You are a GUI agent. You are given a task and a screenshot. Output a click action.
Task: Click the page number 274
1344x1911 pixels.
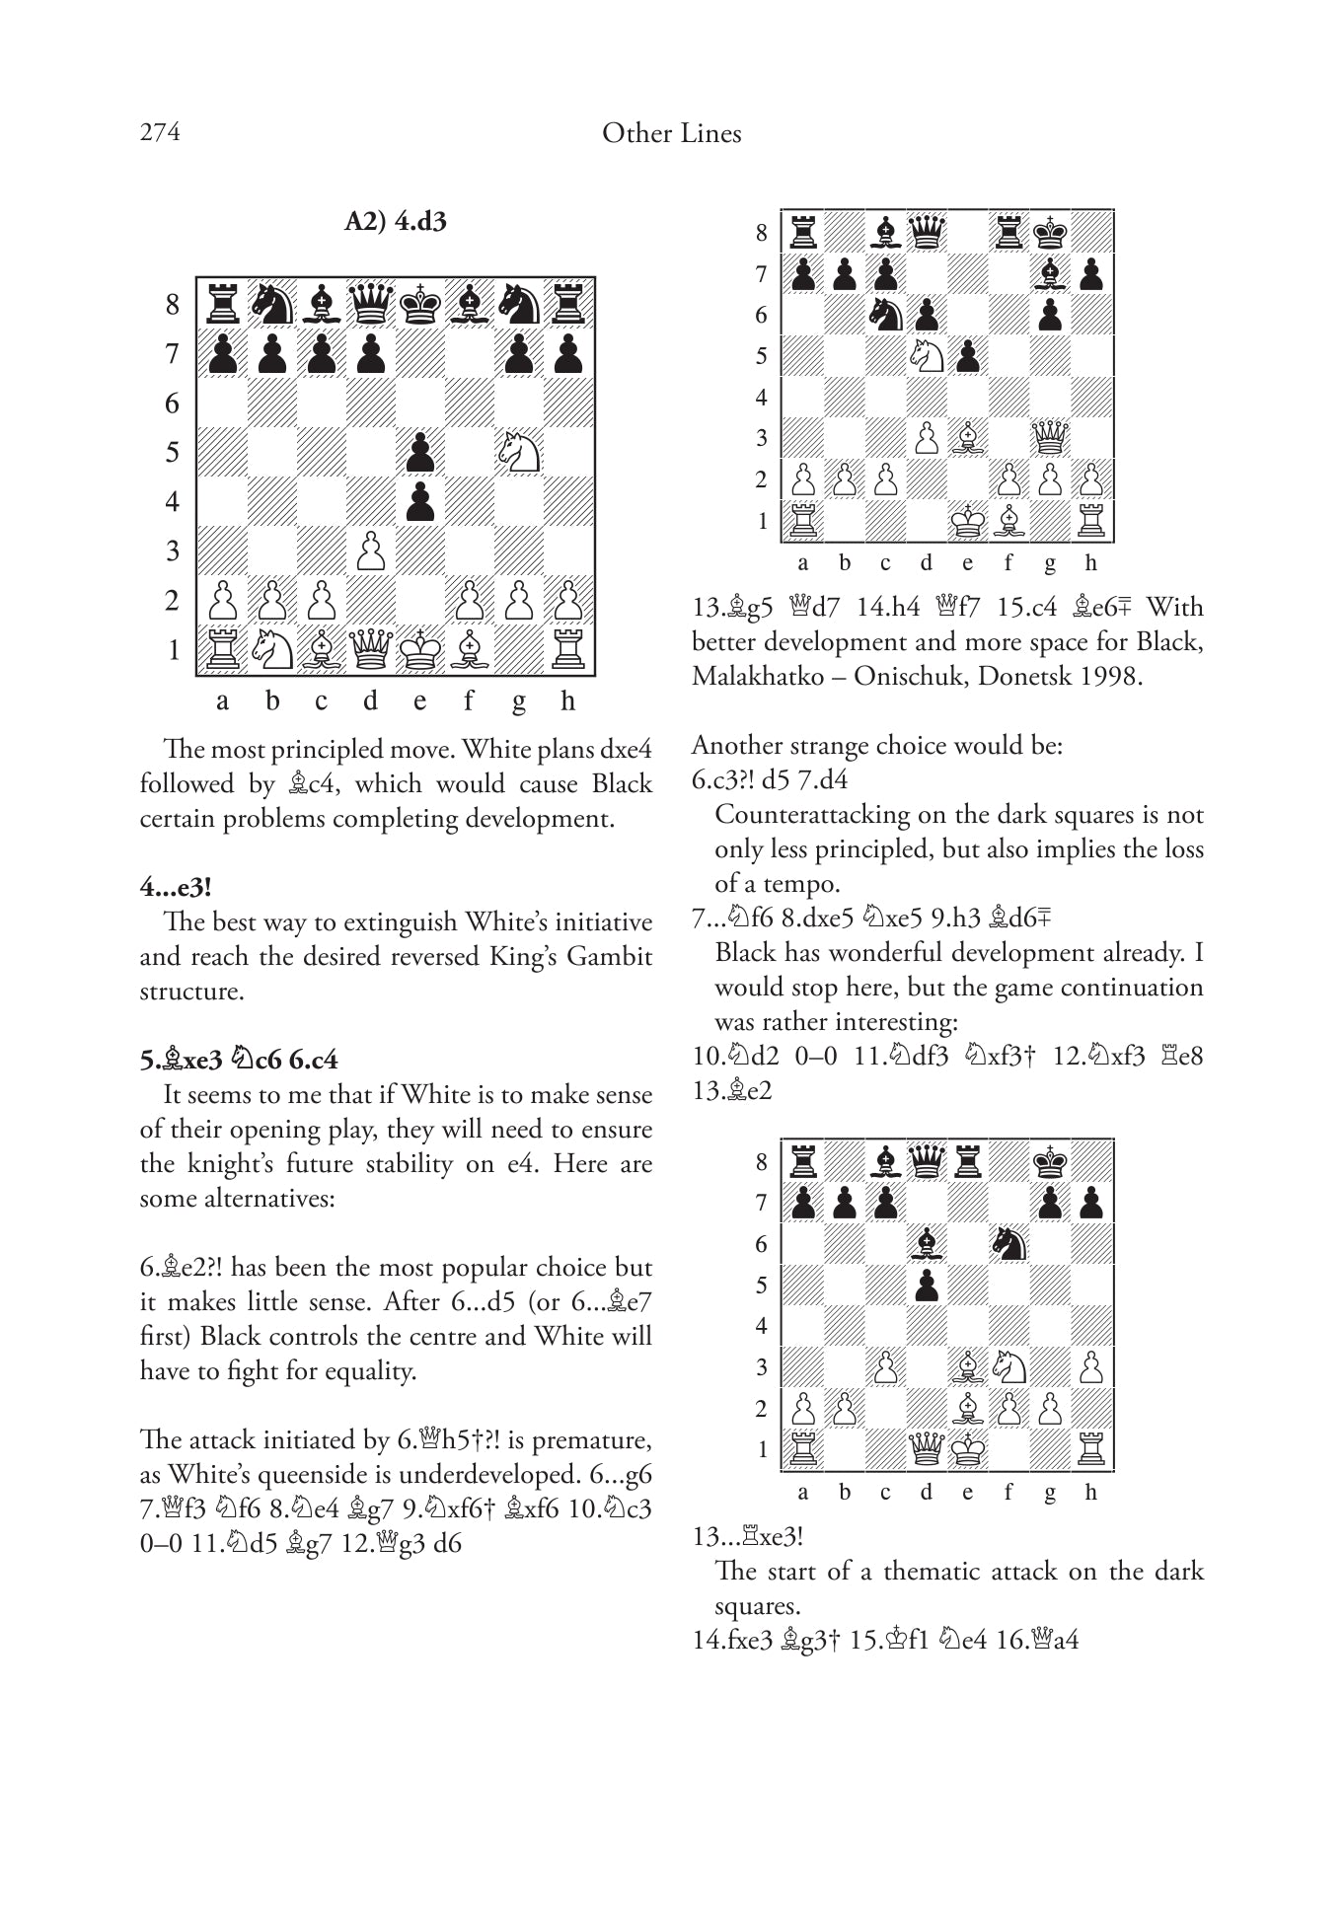160,133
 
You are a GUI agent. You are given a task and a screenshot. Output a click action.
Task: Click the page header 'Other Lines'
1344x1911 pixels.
671,133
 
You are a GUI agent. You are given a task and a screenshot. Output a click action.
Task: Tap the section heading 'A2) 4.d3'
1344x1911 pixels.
395,221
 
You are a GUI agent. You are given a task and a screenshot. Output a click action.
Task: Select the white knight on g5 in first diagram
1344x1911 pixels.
519,452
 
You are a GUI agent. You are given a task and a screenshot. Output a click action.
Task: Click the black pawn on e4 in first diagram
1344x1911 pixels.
420,501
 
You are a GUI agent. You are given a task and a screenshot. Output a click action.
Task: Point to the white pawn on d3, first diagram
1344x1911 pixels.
371,551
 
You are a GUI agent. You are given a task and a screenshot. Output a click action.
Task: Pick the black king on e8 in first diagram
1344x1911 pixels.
420,304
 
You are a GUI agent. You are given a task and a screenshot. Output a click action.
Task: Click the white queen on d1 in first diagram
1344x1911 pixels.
371,649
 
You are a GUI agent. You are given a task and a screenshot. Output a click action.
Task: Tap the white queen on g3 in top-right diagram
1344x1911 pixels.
1050,437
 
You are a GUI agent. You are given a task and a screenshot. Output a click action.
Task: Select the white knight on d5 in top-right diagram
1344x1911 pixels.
927,355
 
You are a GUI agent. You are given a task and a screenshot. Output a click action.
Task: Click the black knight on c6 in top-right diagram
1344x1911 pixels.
885,315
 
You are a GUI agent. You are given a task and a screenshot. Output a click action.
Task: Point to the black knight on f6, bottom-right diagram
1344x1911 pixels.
1008,1244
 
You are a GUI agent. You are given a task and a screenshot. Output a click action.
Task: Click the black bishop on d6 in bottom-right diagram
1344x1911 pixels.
927,1244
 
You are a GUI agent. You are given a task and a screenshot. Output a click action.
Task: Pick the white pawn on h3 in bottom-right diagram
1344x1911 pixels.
1090,1367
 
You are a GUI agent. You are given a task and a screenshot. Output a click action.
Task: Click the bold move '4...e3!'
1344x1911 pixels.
176,887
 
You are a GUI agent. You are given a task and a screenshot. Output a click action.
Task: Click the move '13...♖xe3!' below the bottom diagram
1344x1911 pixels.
748,1536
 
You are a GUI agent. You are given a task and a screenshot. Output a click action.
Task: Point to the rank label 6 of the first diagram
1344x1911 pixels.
173,403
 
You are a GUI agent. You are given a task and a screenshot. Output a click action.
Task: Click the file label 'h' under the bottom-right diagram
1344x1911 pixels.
1090,1492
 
